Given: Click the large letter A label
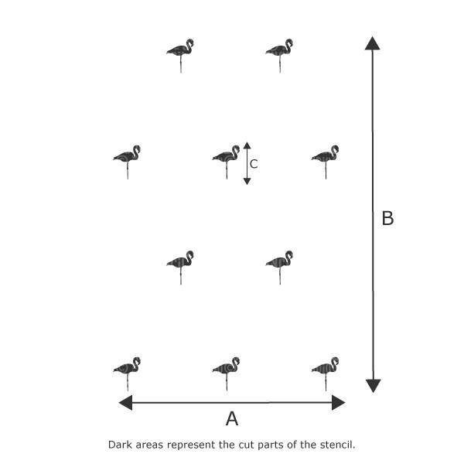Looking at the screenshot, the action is [x=232, y=418].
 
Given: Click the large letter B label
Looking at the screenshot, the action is [x=387, y=218].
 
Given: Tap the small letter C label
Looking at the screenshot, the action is [x=254, y=164].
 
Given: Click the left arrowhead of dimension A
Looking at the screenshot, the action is [x=125, y=402].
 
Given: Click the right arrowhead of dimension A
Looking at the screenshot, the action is [x=338, y=402].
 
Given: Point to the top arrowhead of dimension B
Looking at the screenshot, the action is [x=372, y=43].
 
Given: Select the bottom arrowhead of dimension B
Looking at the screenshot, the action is [x=374, y=386].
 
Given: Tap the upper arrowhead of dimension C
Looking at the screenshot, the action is [x=247, y=145].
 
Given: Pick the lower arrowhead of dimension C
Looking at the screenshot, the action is [x=247, y=182].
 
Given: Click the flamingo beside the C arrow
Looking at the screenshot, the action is [x=226, y=162].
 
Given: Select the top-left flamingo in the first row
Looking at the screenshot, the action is [x=180, y=56].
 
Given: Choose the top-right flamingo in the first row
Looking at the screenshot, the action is [x=279, y=56].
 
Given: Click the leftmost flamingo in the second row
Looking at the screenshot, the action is [x=127, y=162].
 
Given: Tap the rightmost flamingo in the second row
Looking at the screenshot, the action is [x=326, y=162].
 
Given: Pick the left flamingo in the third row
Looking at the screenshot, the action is [x=180, y=268].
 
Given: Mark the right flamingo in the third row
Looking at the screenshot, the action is [x=279, y=268].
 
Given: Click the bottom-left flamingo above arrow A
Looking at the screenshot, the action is [x=127, y=374].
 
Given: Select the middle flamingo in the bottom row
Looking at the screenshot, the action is [x=226, y=374].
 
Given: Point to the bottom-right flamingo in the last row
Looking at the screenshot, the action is [x=326, y=374].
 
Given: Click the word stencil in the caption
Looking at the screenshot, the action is [x=337, y=445].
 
